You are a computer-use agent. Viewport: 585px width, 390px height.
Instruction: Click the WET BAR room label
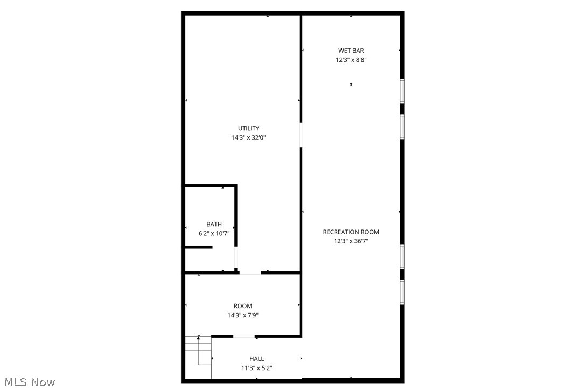click(x=351, y=51)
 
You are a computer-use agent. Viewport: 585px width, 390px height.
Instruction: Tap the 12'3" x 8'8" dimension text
click(x=351, y=60)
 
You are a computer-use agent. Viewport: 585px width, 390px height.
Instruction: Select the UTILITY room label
click(x=249, y=128)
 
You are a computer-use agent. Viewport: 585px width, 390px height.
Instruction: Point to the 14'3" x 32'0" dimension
click(x=249, y=138)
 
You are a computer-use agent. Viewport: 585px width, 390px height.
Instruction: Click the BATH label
click(x=214, y=224)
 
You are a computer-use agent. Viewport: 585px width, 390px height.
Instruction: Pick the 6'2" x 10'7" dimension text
click(x=214, y=234)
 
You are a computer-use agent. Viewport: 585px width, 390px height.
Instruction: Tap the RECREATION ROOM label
click(x=351, y=232)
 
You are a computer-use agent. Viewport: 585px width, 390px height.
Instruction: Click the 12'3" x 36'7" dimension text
click(x=351, y=242)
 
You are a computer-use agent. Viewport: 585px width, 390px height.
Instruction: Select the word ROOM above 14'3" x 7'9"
click(x=243, y=306)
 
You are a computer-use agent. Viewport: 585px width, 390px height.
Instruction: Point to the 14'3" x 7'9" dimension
click(x=243, y=316)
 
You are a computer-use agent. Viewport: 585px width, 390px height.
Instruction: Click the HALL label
click(x=257, y=359)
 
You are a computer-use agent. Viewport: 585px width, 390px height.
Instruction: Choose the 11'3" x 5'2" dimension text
click(x=257, y=368)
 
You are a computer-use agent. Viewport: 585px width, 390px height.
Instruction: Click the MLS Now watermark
click(x=28, y=382)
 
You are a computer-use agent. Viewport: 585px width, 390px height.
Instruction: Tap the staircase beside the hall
click(x=198, y=350)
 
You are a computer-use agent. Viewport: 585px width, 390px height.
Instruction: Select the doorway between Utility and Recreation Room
click(x=301, y=135)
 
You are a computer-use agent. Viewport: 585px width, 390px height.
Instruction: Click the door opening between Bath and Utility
click(x=236, y=259)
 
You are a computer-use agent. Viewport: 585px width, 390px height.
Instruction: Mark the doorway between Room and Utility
click(x=250, y=273)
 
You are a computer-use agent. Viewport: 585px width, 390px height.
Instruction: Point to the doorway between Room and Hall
click(x=244, y=337)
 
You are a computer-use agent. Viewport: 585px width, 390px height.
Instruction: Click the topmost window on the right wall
click(x=402, y=91)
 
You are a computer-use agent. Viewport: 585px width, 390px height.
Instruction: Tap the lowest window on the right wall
click(x=402, y=292)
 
